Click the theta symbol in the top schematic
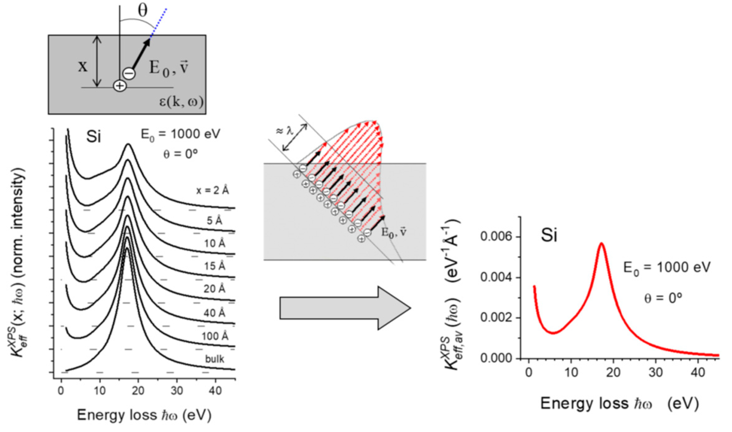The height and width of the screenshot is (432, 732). click(x=143, y=11)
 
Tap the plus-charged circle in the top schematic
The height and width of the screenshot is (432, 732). click(x=120, y=86)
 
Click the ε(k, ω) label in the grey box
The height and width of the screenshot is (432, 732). click(x=181, y=102)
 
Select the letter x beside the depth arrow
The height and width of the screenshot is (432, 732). click(x=83, y=66)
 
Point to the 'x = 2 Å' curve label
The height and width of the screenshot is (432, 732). click(x=212, y=190)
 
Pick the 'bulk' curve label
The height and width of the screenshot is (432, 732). click(x=215, y=359)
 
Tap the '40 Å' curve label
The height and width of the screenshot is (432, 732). click(x=214, y=313)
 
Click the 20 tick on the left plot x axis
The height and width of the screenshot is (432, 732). click(x=138, y=391)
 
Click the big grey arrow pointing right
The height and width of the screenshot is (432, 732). click(x=345, y=308)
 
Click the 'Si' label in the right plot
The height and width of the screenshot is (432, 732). click(x=549, y=235)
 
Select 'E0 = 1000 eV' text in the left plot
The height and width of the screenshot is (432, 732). click(x=180, y=135)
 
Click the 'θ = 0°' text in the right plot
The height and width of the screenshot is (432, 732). click(x=663, y=298)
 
